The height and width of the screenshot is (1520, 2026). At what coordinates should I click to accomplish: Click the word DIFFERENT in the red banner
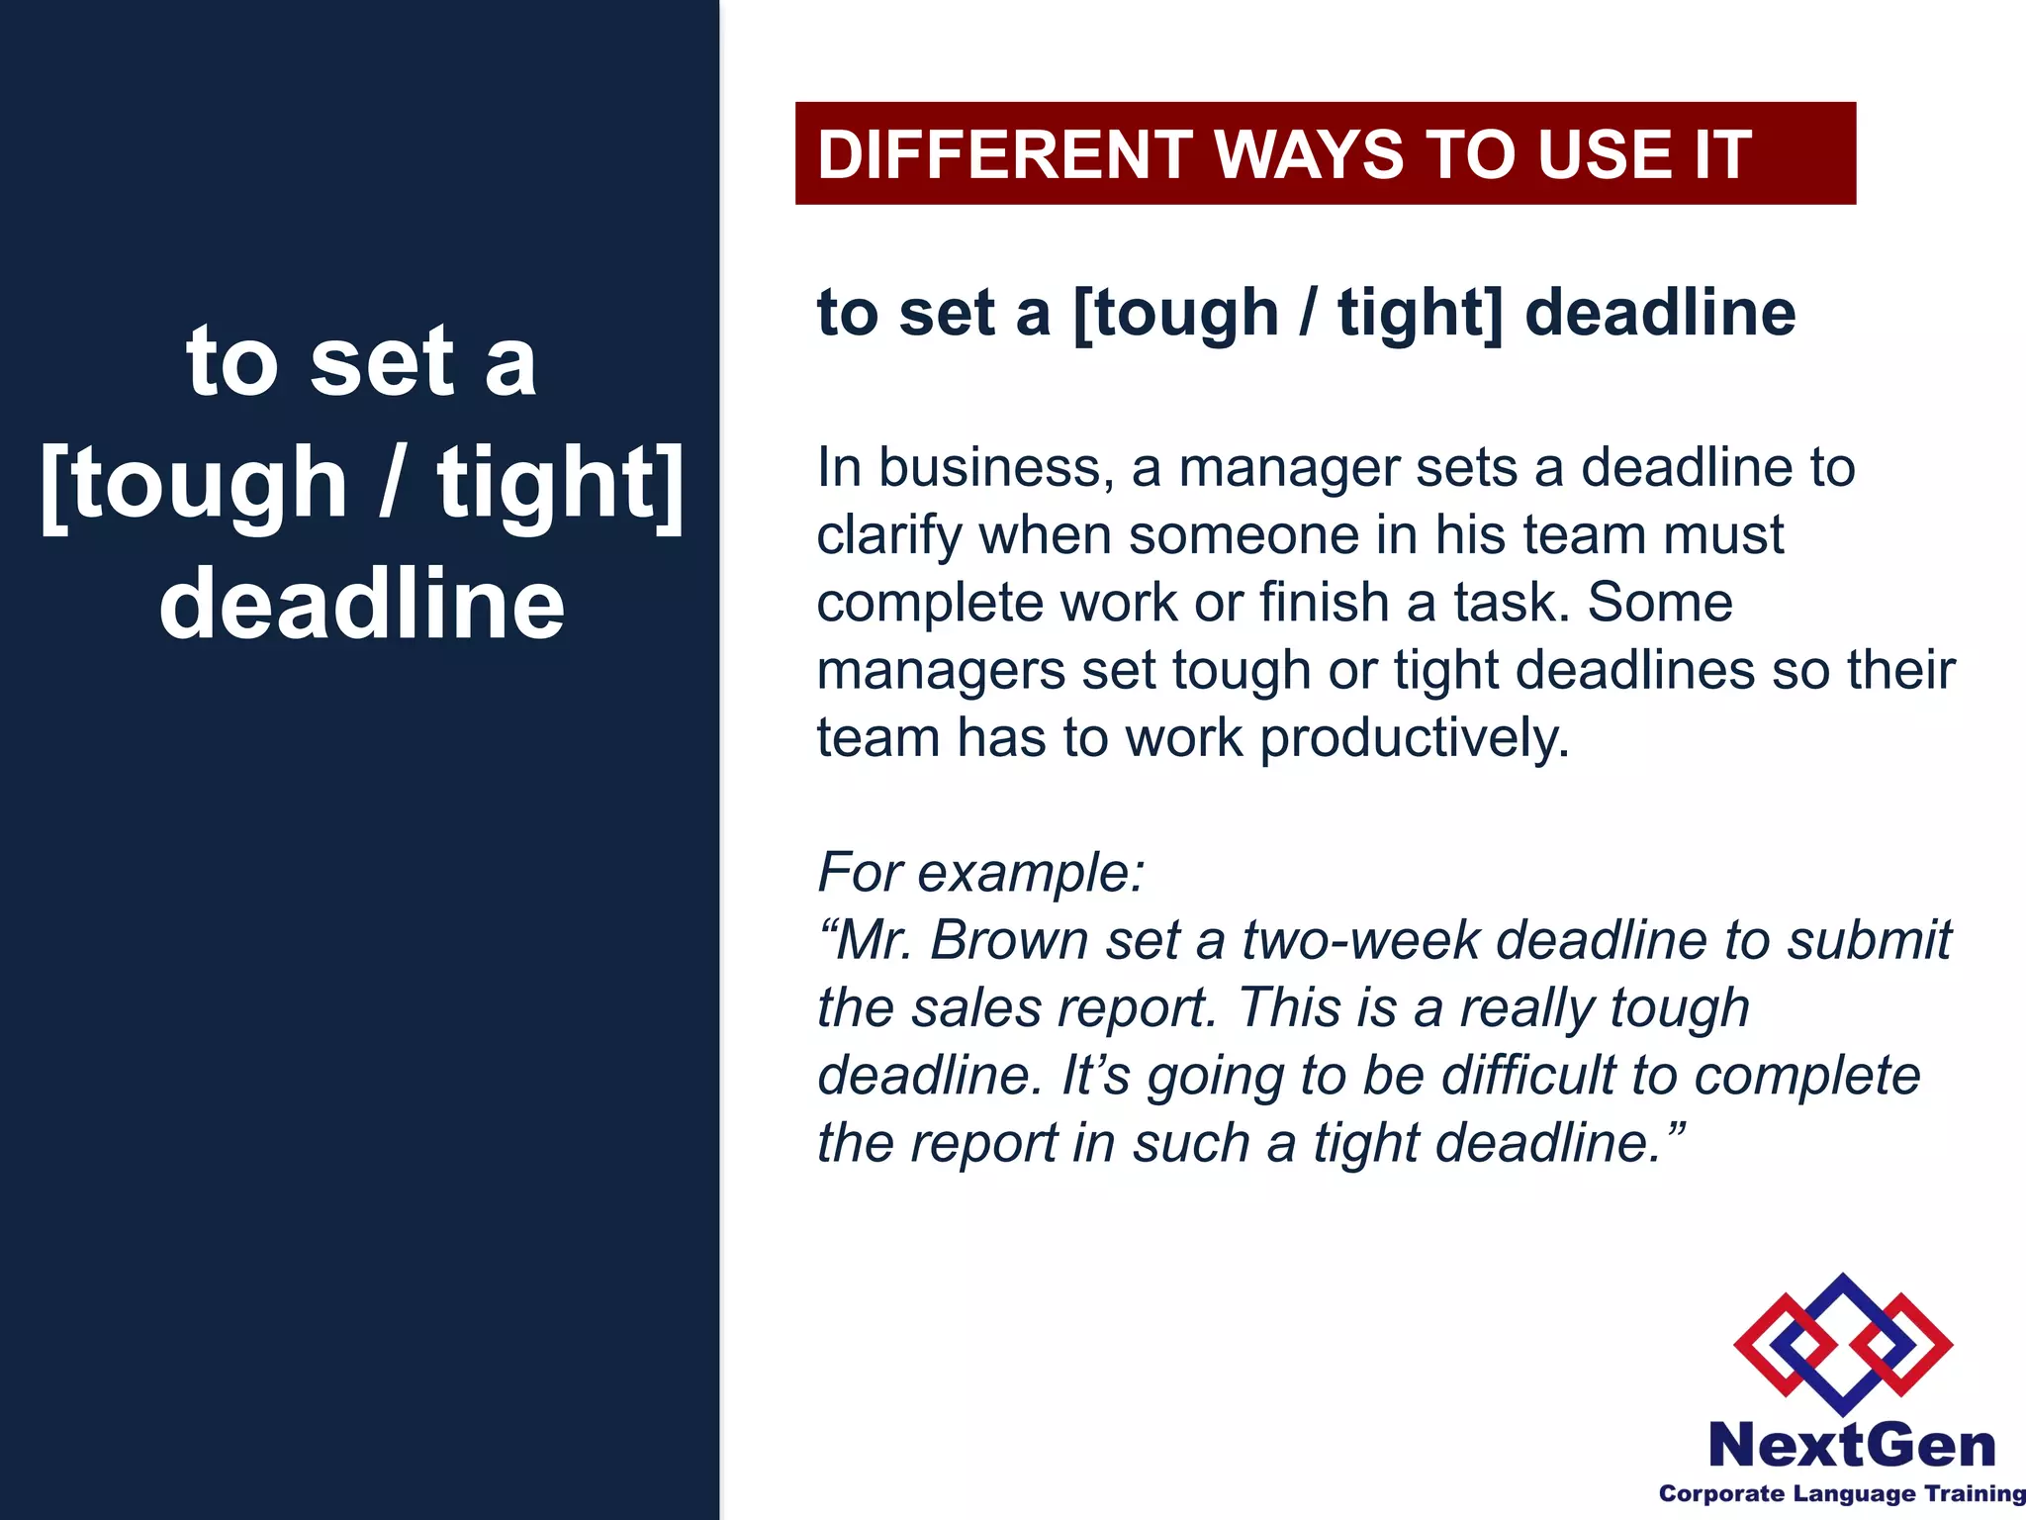click(1004, 155)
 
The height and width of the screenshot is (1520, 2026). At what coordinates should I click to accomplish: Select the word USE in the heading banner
click(1605, 155)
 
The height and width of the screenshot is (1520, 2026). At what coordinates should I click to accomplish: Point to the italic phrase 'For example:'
click(980, 873)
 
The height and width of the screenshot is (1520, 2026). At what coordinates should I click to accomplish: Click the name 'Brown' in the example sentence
click(1009, 940)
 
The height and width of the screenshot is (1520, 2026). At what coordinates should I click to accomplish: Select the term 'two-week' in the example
click(1360, 940)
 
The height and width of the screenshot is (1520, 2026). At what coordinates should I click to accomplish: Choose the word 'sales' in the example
click(975, 1007)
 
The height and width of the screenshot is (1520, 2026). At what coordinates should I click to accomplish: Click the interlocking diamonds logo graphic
click(1842, 1343)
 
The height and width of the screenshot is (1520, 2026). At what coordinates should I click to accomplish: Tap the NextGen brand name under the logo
click(1851, 1446)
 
